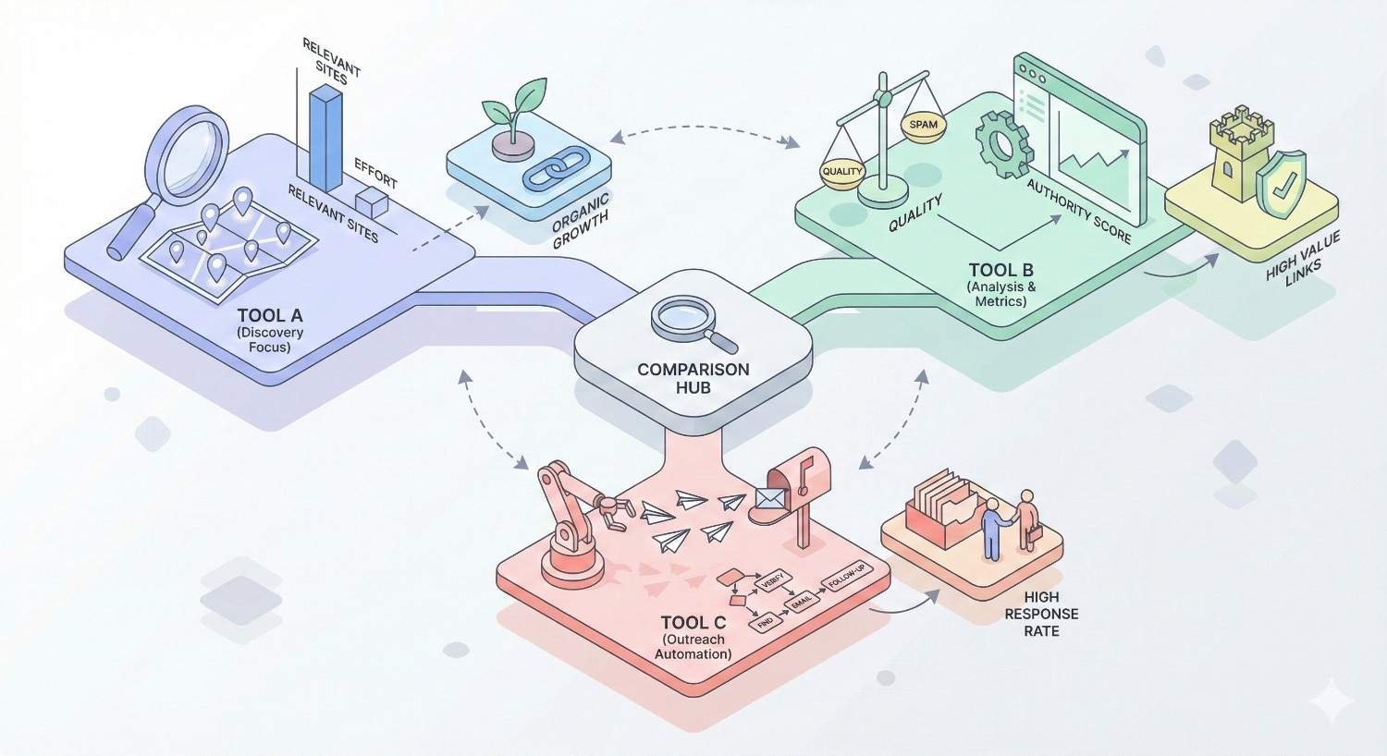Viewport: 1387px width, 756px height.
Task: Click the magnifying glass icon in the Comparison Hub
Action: (x=689, y=322)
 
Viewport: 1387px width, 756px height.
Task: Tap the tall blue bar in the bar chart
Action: (x=325, y=139)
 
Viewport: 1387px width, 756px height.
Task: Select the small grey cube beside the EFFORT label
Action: (x=371, y=203)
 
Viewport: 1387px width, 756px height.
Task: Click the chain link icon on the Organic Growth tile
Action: (x=549, y=171)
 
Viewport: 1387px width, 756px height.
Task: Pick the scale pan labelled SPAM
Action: (x=923, y=127)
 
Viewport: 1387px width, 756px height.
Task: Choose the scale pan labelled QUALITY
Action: (x=841, y=173)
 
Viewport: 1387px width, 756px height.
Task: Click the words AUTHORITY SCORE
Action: (x=1078, y=211)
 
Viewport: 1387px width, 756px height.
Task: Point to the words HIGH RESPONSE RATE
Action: (x=1041, y=615)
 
